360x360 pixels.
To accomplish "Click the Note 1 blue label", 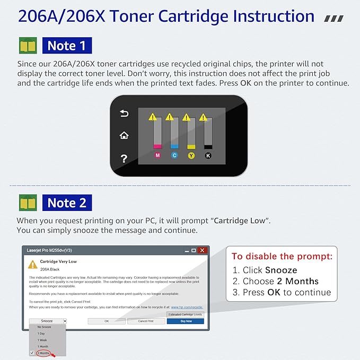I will click(66, 46).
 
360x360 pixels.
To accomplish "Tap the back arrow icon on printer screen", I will click(124, 113).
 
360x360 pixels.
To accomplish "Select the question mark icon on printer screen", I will click(124, 158).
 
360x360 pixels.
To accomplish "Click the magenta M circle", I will click(157, 155).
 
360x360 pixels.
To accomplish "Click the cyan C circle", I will click(174, 155).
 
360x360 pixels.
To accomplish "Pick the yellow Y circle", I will click(191, 155).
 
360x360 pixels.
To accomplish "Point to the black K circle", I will click(208, 155).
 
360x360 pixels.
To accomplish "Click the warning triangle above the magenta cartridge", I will click(153, 116).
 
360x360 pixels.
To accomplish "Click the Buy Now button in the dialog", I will click(185, 321).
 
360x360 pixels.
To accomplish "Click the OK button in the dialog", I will click(106, 321).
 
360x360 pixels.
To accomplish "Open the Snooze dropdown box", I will click(48, 321).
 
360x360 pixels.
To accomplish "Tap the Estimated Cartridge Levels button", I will click(185, 314).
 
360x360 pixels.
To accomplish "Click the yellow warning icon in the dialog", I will click(32, 264).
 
